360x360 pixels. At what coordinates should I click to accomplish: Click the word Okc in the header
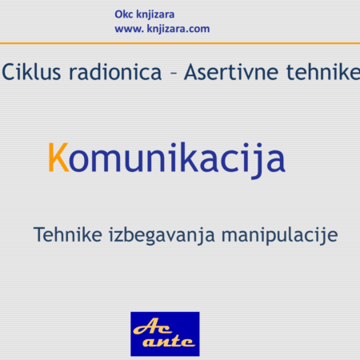(124, 14)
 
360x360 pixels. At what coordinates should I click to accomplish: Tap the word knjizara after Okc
(155, 15)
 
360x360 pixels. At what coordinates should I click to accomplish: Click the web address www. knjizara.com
(162, 29)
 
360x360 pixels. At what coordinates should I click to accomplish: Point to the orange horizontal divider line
(180, 43)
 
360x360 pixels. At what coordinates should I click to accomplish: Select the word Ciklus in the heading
(31, 72)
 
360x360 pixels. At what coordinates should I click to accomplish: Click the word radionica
(115, 72)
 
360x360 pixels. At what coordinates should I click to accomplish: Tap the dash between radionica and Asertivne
(174, 73)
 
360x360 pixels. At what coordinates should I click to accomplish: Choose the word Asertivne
(231, 72)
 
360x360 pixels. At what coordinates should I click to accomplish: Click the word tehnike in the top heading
(323, 72)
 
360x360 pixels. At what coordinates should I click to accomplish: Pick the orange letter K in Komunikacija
(58, 158)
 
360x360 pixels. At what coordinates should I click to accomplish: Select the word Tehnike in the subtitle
(68, 234)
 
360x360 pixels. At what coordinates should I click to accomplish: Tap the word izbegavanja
(162, 235)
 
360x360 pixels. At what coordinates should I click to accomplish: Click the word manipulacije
(279, 235)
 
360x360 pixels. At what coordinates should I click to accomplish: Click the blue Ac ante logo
(165, 334)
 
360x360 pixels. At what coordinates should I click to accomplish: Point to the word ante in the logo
(169, 342)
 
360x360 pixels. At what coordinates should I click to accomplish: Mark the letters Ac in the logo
(152, 326)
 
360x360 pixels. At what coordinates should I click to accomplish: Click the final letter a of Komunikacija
(276, 161)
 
